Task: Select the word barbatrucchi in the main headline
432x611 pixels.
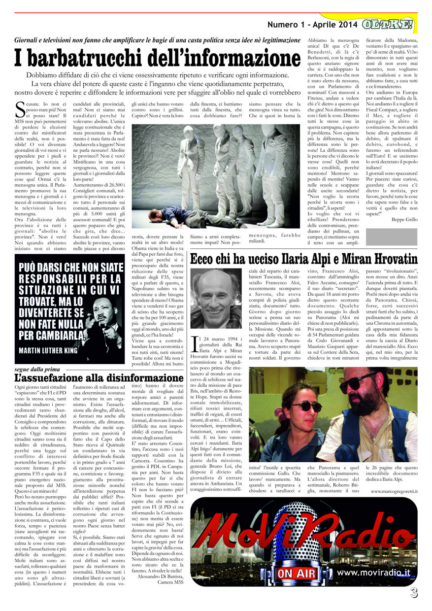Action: click(86, 58)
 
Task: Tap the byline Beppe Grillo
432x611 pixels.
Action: click(404, 219)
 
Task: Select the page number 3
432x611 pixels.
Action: click(414, 593)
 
